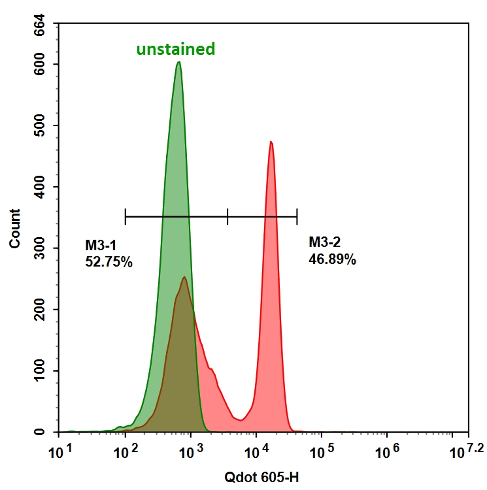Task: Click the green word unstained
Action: pos(175,49)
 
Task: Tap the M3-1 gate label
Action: pos(100,246)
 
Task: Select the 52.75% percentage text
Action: pos(109,263)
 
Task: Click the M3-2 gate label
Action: pos(324,243)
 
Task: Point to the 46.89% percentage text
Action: pos(332,260)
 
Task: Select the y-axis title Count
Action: pos(14,228)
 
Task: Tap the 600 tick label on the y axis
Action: pos(42,64)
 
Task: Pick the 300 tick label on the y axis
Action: pos(42,248)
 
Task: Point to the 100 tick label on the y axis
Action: pos(42,371)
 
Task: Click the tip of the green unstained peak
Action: pos(178,63)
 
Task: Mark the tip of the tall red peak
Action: pos(271,142)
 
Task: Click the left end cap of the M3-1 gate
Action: pos(125,216)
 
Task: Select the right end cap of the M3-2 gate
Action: pos(297,216)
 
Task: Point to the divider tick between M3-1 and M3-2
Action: pos(227,216)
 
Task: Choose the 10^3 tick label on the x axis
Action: pos(190,451)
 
